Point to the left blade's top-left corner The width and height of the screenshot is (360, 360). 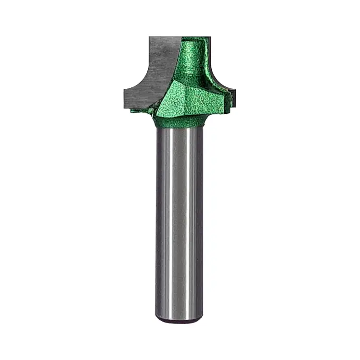click(149, 37)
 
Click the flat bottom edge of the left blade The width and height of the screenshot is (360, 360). click(137, 107)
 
